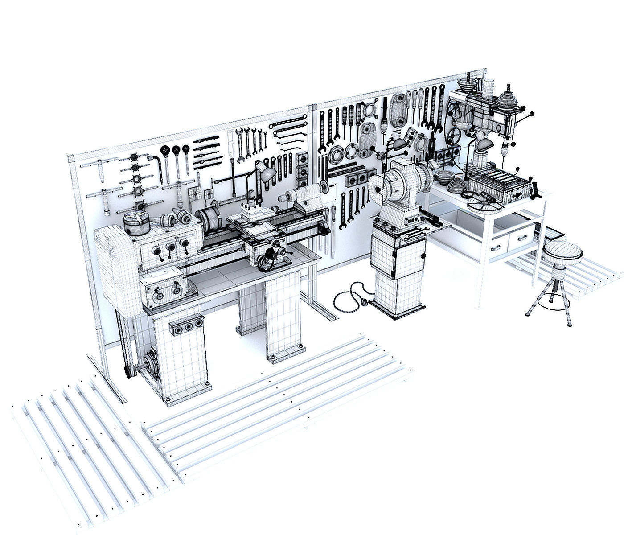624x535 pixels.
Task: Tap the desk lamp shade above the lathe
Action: coord(267,175)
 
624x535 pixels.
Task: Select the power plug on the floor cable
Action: coord(364,303)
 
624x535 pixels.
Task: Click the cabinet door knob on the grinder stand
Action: coord(423,256)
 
